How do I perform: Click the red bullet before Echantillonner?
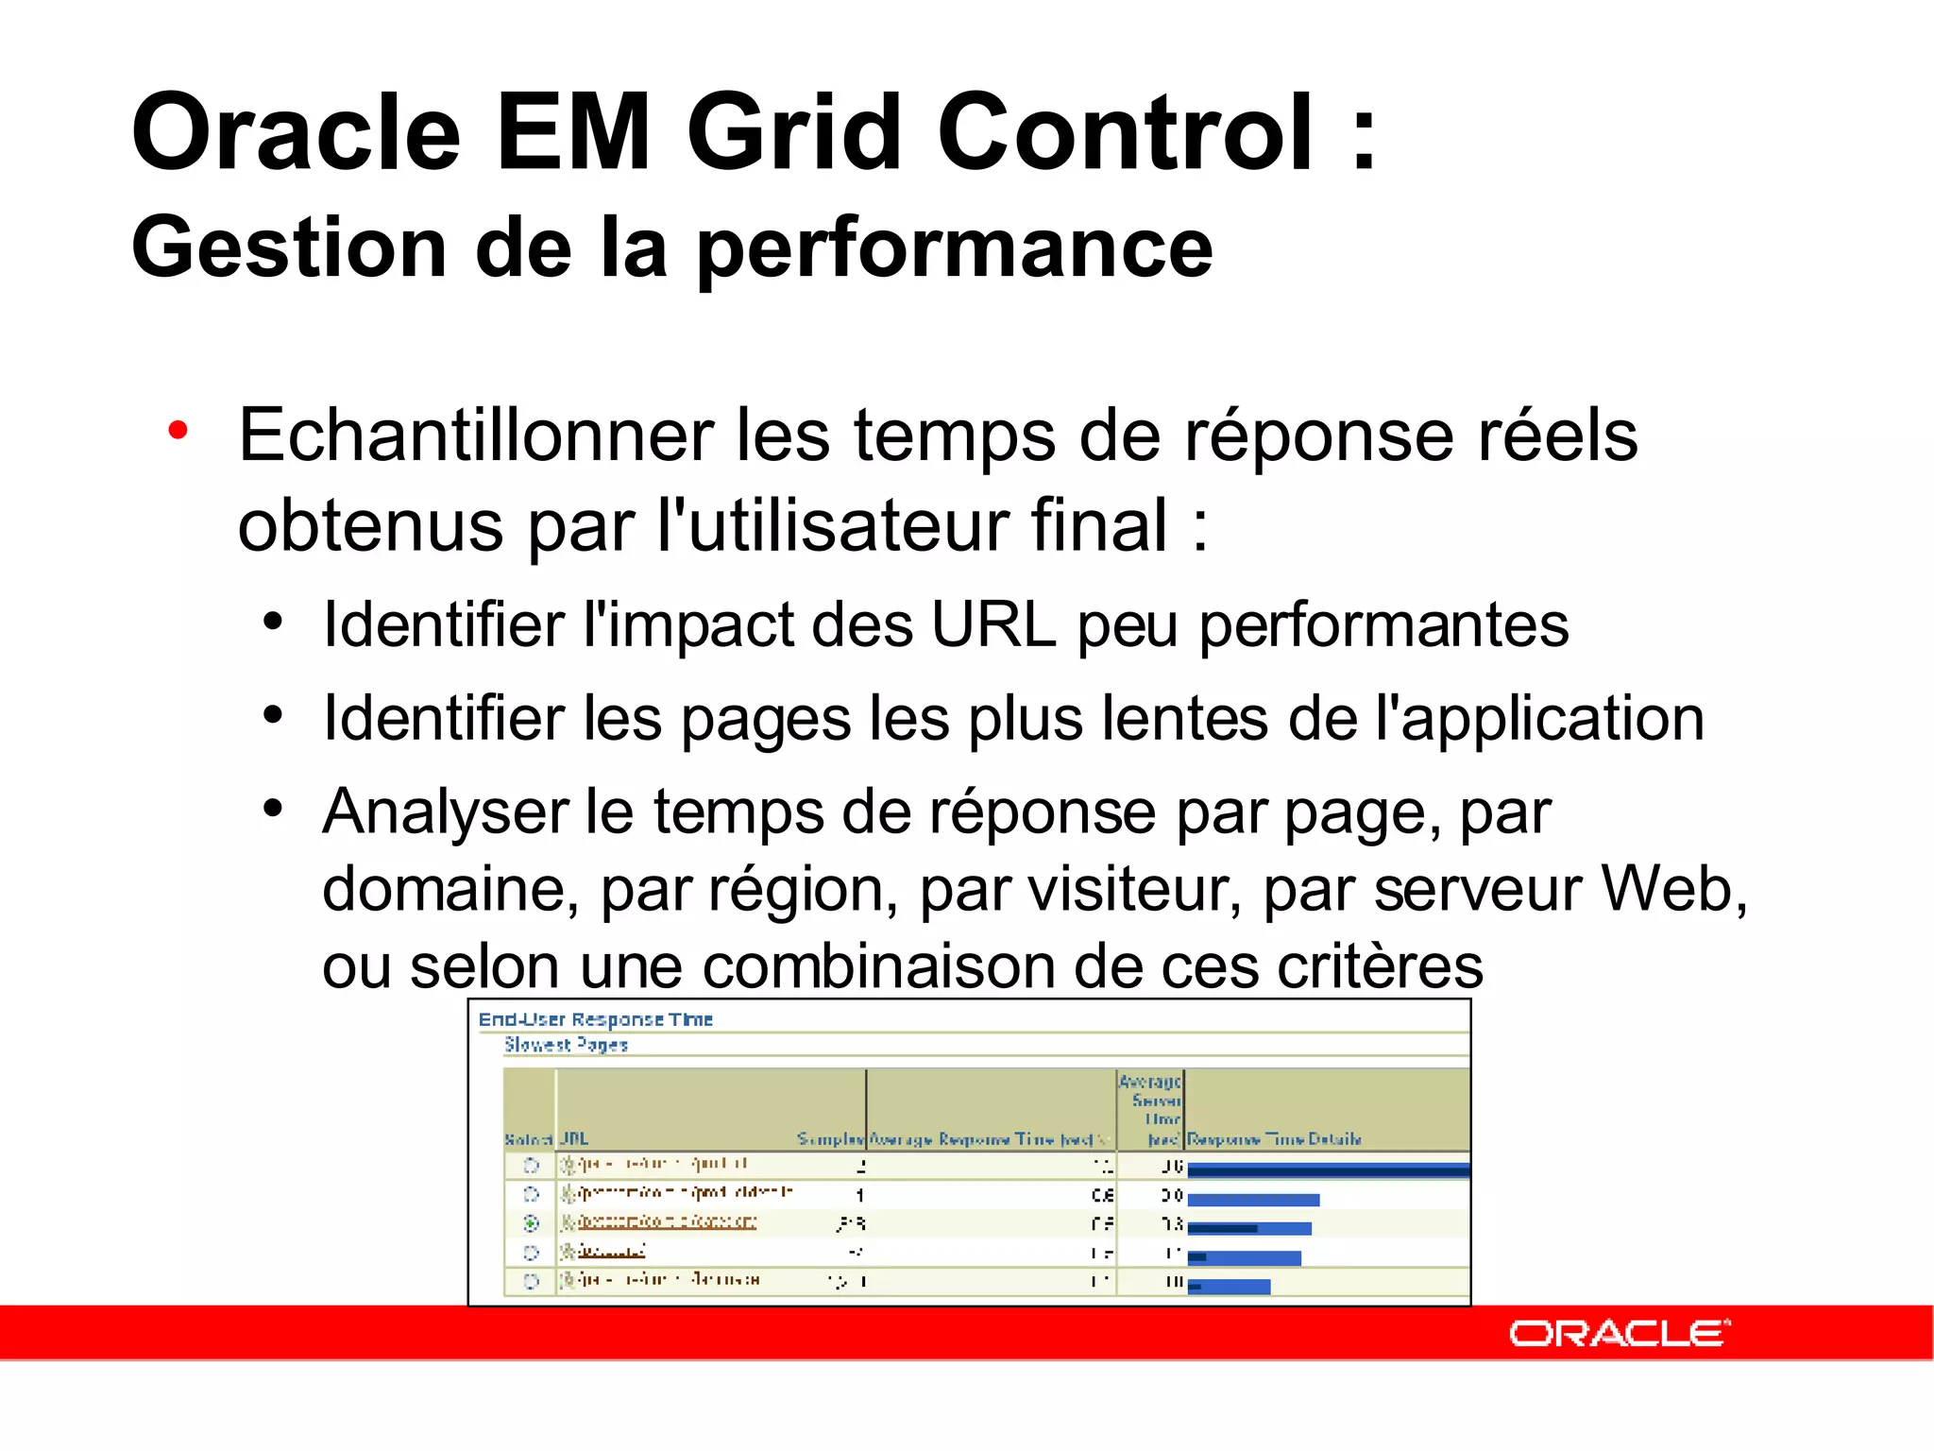(178, 431)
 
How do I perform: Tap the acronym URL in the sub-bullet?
(992, 625)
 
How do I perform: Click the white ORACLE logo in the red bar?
(1619, 1333)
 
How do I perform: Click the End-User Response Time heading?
(595, 1019)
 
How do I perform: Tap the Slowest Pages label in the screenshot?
(566, 1045)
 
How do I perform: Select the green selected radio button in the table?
(531, 1223)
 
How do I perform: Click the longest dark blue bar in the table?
(1327, 1170)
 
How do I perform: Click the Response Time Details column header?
(1274, 1139)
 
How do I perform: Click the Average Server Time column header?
(1151, 1109)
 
